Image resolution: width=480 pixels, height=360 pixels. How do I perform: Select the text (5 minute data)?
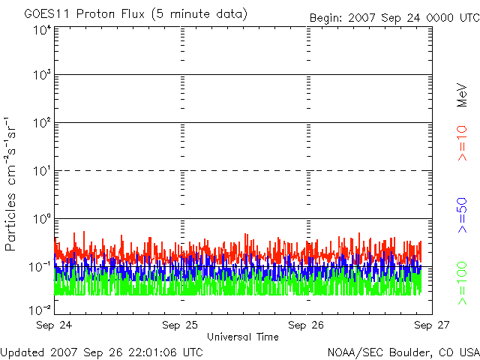199,14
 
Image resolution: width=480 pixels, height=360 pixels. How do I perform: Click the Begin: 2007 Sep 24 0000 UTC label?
393,17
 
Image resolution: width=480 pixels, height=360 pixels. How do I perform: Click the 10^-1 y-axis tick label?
41,267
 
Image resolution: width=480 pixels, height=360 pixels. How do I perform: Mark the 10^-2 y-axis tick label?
41,308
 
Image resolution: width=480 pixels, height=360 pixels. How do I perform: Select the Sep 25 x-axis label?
181,325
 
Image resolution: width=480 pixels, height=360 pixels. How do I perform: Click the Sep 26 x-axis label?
307,325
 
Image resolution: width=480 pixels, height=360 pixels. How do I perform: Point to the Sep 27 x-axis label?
432,325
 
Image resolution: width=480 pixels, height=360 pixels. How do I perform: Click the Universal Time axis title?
242,337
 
